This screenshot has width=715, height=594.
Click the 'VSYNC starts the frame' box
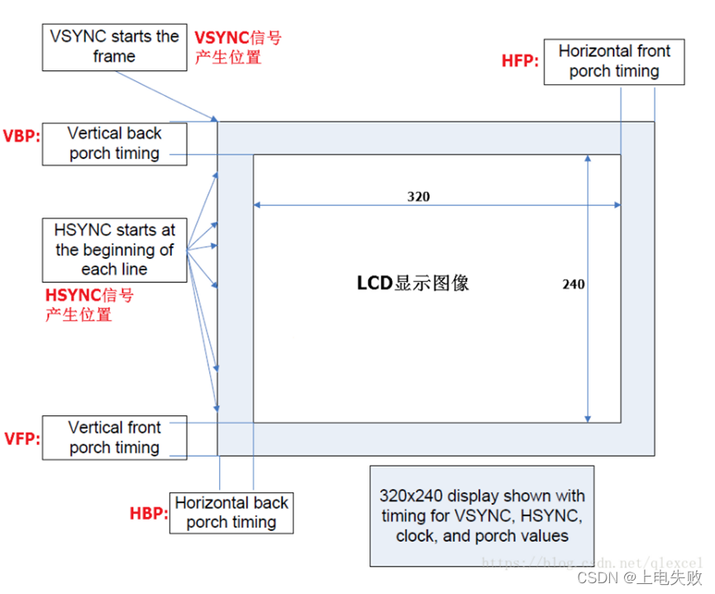pyautogui.click(x=114, y=46)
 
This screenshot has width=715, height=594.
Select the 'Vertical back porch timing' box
pyautogui.click(x=114, y=143)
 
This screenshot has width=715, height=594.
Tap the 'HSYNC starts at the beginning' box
pyautogui.click(x=114, y=249)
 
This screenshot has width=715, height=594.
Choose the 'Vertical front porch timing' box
pyautogui.click(x=114, y=438)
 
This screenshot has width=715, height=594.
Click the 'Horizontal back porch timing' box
pyautogui.click(x=231, y=512)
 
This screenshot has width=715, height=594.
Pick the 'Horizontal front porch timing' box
pyautogui.click(x=613, y=61)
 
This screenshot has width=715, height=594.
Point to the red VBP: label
pyautogui.click(x=21, y=136)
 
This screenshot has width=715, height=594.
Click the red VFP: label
pyautogui.click(x=21, y=438)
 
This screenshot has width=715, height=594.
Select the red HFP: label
pyautogui.click(x=521, y=61)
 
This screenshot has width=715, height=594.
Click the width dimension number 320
pyautogui.click(x=418, y=197)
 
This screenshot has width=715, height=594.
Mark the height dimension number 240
pyautogui.click(x=574, y=284)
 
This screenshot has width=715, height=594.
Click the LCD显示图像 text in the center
pyautogui.click(x=412, y=283)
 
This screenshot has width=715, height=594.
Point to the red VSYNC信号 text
pyautogui.click(x=237, y=38)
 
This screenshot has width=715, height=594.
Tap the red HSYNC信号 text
pyautogui.click(x=89, y=295)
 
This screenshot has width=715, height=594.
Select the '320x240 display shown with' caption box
pyautogui.click(x=483, y=515)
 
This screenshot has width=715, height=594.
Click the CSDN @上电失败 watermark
pyautogui.click(x=640, y=577)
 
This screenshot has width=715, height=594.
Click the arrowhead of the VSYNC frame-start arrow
pyautogui.click(x=215, y=121)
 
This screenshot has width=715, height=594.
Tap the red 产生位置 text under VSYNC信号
pyautogui.click(x=227, y=58)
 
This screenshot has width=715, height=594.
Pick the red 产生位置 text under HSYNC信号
pyautogui.click(x=79, y=314)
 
